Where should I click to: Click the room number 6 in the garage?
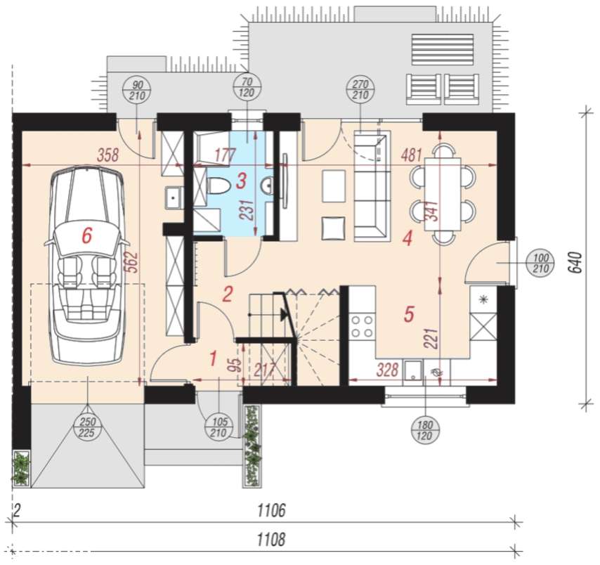(x=87, y=235)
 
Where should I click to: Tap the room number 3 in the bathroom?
(x=241, y=181)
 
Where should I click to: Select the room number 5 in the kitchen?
(x=409, y=314)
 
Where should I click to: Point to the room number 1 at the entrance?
(x=213, y=358)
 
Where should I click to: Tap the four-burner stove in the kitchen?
(x=362, y=326)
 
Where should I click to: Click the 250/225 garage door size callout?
(x=88, y=427)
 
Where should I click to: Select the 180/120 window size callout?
(x=425, y=430)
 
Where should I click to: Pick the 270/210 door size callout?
(x=360, y=89)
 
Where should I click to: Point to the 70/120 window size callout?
(x=247, y=87)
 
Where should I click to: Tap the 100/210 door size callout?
(x=541, y=264)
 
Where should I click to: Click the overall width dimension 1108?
(x=271, y=539)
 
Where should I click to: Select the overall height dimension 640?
(x=576, y=262)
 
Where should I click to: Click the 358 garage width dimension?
(x=108, y=155)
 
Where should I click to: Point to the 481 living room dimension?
(x=412, y=155)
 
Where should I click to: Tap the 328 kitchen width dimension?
(x=388, y=370)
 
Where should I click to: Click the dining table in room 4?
(x=443, y=194)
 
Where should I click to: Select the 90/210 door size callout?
(x=137, y=90)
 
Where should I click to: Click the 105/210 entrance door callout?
(x=219, y=427)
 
